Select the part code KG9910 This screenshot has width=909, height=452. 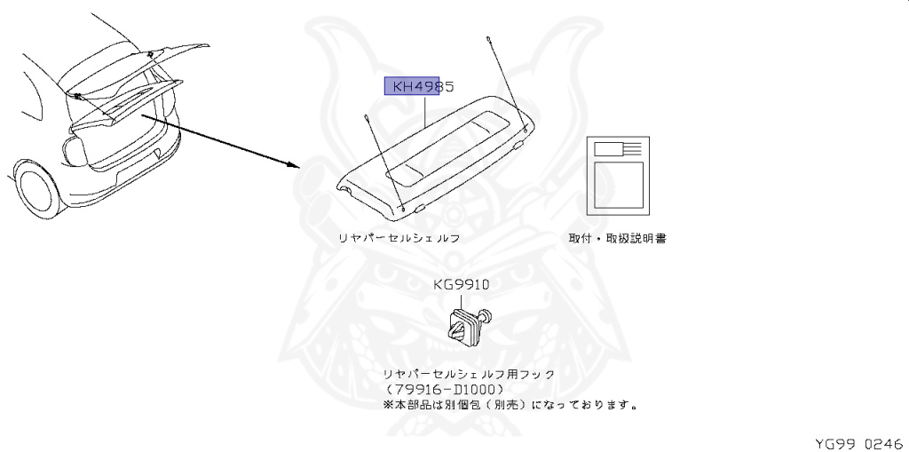click(x=461, y=285)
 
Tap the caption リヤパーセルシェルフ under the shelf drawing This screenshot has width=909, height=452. click(x=398, y=239)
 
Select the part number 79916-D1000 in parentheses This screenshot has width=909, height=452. click(x=446, y=390)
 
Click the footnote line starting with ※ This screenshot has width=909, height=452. click(x=510, y=405)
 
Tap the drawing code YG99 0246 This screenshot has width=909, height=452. click(x=858, y=441)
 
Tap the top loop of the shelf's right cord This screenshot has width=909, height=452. click(x=488, y=39)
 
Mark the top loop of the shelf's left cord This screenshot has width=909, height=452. click(x=367, y=116)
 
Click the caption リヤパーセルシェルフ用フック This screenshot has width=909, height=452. click(x=468, y=375)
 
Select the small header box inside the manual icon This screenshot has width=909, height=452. click(x=608, y=149)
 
